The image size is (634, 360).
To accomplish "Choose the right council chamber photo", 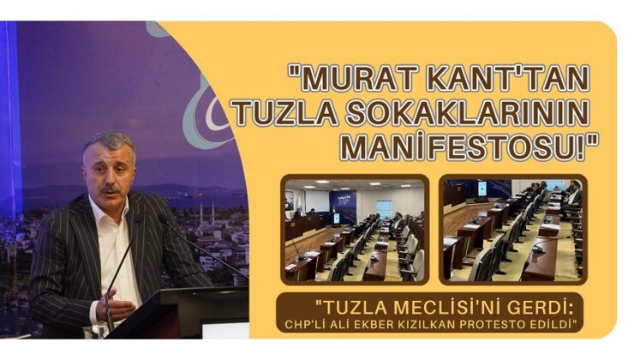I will click(x=512, y=229).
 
